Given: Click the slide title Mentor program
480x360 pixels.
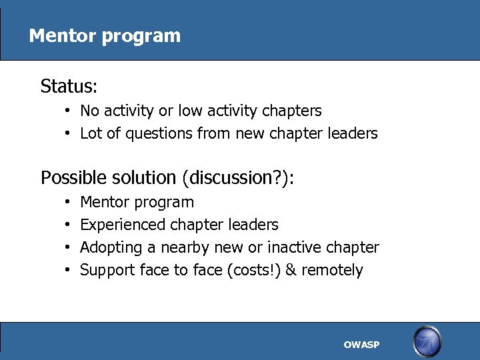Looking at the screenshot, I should click(x=105, y=35).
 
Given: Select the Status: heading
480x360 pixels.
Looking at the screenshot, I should click(x=69, y=87).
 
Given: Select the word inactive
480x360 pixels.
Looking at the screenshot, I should click(x=295, y=248).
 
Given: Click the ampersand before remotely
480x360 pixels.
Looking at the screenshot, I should click(x=292, y=271).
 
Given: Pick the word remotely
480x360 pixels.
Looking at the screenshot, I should click(x=332, y=271).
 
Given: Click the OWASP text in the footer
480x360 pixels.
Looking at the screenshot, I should click(x=361, y=345).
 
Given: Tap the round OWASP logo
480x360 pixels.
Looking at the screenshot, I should click(x=427, y=342).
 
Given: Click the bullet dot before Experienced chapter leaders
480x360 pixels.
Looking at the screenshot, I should click(x=69, y=225).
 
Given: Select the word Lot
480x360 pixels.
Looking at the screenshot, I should click(x=90, y=133).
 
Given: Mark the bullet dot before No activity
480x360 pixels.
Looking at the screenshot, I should click(x=69, y=111).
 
